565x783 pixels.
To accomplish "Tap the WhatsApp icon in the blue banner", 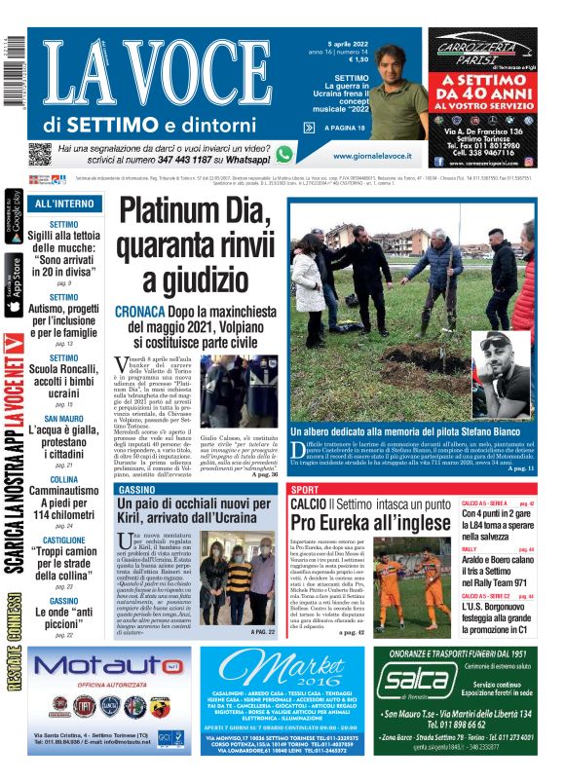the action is [283, 154].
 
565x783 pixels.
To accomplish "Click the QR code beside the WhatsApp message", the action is [40, 154].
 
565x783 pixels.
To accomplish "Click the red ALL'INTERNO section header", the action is [65, 205].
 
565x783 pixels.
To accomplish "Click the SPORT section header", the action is [305, 489].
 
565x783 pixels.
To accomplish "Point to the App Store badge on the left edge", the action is [14, 284].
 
